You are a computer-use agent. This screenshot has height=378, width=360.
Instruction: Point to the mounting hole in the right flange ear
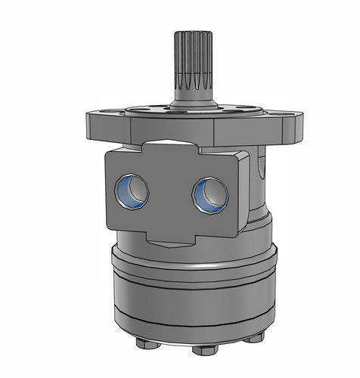coord(289,113)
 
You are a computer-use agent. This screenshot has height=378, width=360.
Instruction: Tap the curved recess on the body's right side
coord(259,181)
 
